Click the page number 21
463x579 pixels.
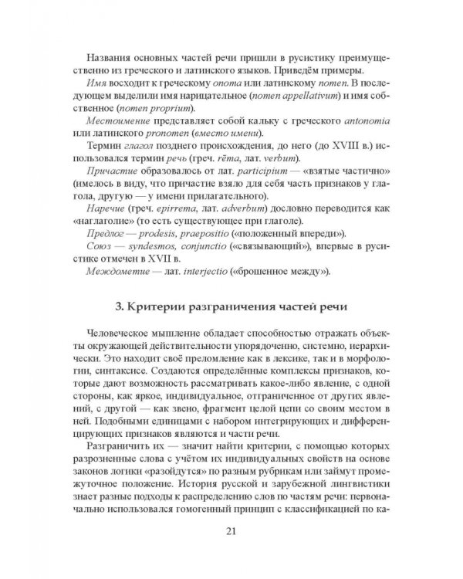click(231, 530)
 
